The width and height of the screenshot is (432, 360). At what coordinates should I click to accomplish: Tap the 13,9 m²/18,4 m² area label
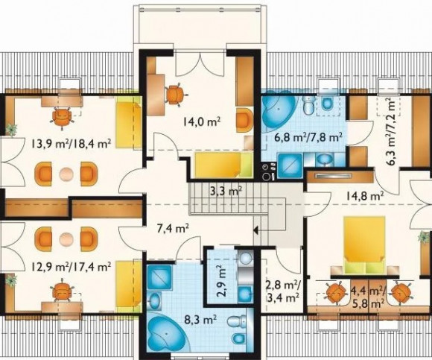point(71,143)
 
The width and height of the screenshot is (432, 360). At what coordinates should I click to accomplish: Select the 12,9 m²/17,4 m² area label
point(71,266)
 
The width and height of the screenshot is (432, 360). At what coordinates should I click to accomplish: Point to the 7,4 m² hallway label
point(173,228)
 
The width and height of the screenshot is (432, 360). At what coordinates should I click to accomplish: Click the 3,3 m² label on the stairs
point(226,191)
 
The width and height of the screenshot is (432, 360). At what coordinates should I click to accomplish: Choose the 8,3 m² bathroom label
point(200,320)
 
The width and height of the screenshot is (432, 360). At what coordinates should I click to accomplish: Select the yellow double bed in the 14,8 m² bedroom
point(364,244)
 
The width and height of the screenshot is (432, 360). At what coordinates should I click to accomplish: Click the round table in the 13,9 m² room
point(66,174)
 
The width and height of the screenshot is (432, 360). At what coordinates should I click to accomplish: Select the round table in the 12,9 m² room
point(66,239)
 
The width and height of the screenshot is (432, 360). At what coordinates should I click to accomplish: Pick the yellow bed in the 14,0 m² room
point(223,165)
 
